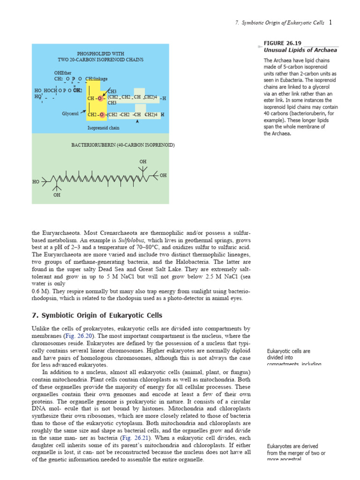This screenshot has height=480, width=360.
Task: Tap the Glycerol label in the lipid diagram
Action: (x=70, y=113)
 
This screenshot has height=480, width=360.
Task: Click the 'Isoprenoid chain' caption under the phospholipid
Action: (x=103, y=127)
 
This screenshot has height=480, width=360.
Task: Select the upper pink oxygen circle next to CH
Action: (x=100, y=98)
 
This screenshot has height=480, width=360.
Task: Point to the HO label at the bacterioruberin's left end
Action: (x=36, y=182)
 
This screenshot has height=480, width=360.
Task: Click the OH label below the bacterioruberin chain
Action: (x=57, y=195)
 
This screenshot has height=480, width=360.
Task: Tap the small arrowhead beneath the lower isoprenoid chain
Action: (x=137, y=121)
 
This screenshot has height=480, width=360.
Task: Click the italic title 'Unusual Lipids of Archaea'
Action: (x=300, y=50)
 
